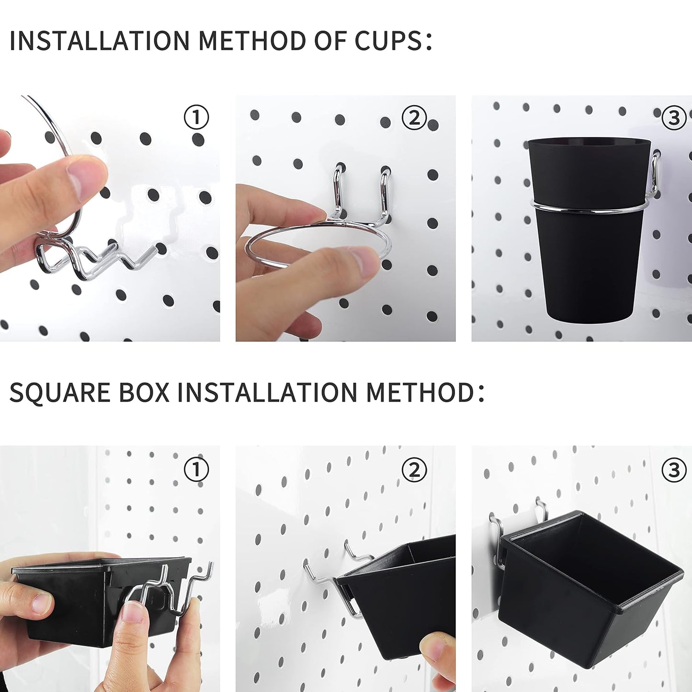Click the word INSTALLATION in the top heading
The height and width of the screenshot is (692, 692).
(x=100, y=41)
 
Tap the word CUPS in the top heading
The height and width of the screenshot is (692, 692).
(x=388, y=41)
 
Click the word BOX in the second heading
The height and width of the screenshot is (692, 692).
(x=144, y=392)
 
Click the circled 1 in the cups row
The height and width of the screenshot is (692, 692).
(x=196, y=117)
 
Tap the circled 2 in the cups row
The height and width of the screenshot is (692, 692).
(x=414, y=117)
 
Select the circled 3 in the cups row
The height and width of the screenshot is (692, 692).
(x=674, y=117)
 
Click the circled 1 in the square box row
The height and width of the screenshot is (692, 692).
(x=196, y=469)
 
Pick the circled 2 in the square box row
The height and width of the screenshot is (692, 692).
(x=414, y=469)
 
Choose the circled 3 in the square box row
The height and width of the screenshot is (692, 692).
(x=674, y=470)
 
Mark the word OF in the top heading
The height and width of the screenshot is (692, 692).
(x=329, y=41)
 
